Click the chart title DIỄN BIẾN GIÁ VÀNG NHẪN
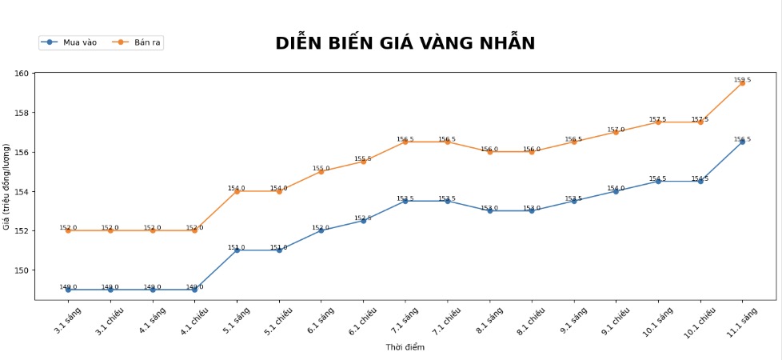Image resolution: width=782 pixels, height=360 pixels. [x=405, y=43]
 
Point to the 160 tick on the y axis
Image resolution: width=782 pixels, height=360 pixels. [x=22, y=74]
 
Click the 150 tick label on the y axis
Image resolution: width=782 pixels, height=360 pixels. [x=22, y=270]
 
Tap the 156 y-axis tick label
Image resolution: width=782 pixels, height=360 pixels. [x=22, y=152]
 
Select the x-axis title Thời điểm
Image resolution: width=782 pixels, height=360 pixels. [x=405, y=347]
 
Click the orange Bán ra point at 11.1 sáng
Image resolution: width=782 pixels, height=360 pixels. [x=743, y=83]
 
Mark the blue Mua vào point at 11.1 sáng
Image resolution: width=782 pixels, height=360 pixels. [x=743, y=142]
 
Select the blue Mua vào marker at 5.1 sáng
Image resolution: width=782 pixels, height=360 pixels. [x=237, y=250]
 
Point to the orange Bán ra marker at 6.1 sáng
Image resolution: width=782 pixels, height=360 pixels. [x=321, y=171]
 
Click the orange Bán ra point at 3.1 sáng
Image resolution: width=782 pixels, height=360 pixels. [x=68, y=230]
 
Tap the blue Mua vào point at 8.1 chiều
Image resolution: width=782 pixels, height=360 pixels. [x=532, y=210]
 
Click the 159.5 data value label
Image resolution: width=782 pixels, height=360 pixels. [x=743, y=80]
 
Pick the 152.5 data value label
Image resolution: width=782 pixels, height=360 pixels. [x=363, y=218]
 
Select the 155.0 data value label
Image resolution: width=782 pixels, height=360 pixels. [x=321, y=168]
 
